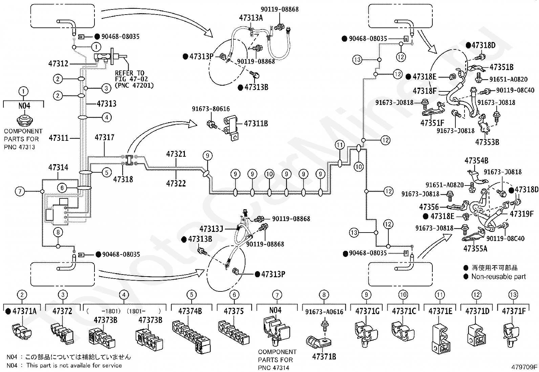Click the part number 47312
pyautogui.click(x=59, y=64)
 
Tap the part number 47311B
pyautogui.click(x=256, y=124)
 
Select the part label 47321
pyautogui.click(x=176, y=154)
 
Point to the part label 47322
pyautogui.click(x=176, y=183)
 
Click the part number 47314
pyautogui.click(x=58, y=168)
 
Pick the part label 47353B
pyautogui.click(x=487, y=142)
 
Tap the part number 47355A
pyautogui.click(x=475, y=248)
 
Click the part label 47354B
pyautogui.click(x=476, y=160)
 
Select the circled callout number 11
pyautogui.click(x=340, y=145)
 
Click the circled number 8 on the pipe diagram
pyautogui.click(x=58, y=232)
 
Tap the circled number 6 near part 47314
pyautogui.click(x=62, y=188)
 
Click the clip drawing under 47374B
pyautogui.click(x=191, y=336)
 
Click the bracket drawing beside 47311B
pyautogui.click(x=231, y=129)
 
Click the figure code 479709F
pyautogui.click(x=524, y=367)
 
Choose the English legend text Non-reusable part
pyautogui.click(x=499, y=277)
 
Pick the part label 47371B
pyautogui.click(x=324, y=357)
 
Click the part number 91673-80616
pyautogui.click(x=211, y=109)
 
